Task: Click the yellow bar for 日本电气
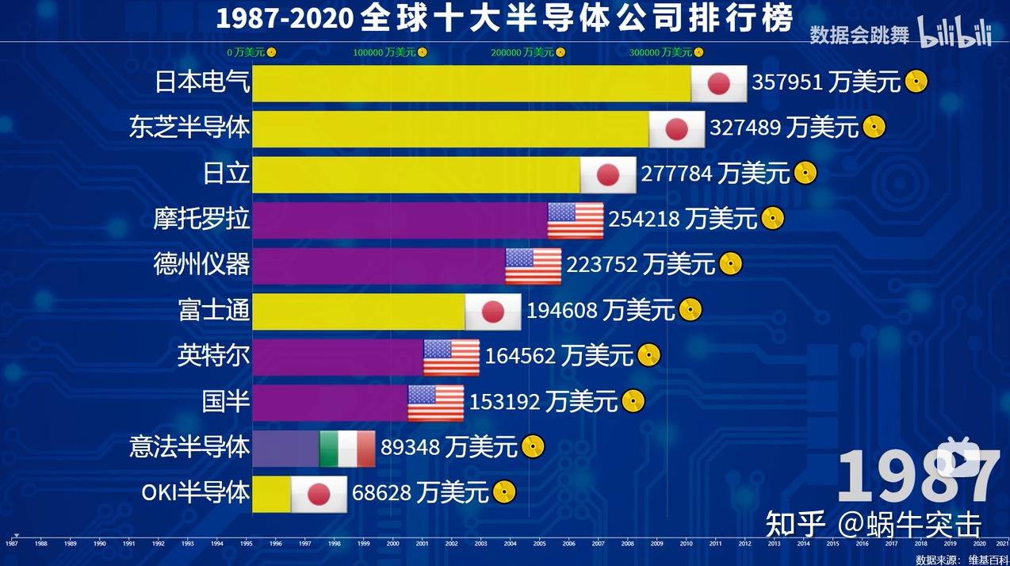(471, 83)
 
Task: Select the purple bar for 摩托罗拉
(400, 220)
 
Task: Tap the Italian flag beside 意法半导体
(347, 449)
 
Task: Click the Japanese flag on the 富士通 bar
(493, 312)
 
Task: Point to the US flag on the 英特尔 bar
(451, 358)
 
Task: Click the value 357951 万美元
(826, 82)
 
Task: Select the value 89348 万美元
(449, 448)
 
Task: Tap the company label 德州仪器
(201, 265)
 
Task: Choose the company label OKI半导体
(196, 492)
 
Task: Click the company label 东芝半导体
(189, 128)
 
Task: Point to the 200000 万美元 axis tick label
(522, 52)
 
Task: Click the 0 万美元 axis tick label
(246, 52)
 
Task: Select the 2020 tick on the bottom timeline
(979, 544)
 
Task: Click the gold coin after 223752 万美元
(731, 264)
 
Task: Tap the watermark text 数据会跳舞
(859, 34)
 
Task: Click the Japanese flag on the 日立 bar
(608, 175)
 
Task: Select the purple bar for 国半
(330, 403)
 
